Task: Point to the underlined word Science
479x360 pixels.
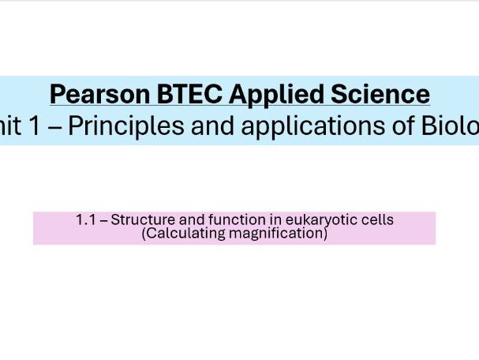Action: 381,94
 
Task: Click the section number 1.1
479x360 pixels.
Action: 86,219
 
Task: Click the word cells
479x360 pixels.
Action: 376,219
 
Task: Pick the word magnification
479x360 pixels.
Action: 276,233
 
